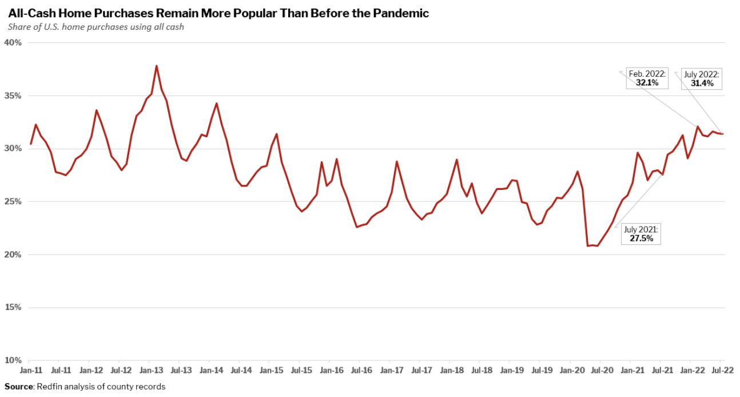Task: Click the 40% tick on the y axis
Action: [x=13, y=43]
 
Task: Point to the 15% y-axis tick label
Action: [x=13, y=308]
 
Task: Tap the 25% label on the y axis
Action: [x=13, y=202]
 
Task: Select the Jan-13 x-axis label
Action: [x=149, y=371]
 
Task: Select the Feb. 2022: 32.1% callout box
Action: [x=647, y=78]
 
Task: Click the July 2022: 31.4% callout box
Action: [x=702, y=78]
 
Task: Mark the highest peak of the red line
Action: [x=156, y=66]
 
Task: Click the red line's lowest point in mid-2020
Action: [x=588, y=245]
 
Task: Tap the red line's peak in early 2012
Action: [x=96, y=110]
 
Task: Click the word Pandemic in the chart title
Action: [x=400, y=13]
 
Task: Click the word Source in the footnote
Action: [x=18, y=387]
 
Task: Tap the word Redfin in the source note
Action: [x=50, y=387]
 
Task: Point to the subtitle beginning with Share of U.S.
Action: [x=96, y=27]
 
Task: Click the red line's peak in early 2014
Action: [x=216, y=103]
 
